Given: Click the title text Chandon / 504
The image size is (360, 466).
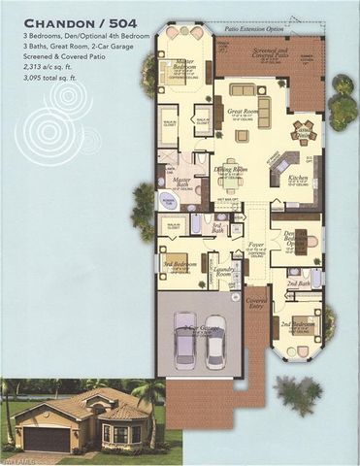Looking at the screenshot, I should [74, 20].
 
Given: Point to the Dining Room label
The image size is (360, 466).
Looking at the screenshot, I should [233, 170].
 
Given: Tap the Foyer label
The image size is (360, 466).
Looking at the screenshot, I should [256, 244].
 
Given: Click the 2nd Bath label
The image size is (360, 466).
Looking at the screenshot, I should [299, 284].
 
